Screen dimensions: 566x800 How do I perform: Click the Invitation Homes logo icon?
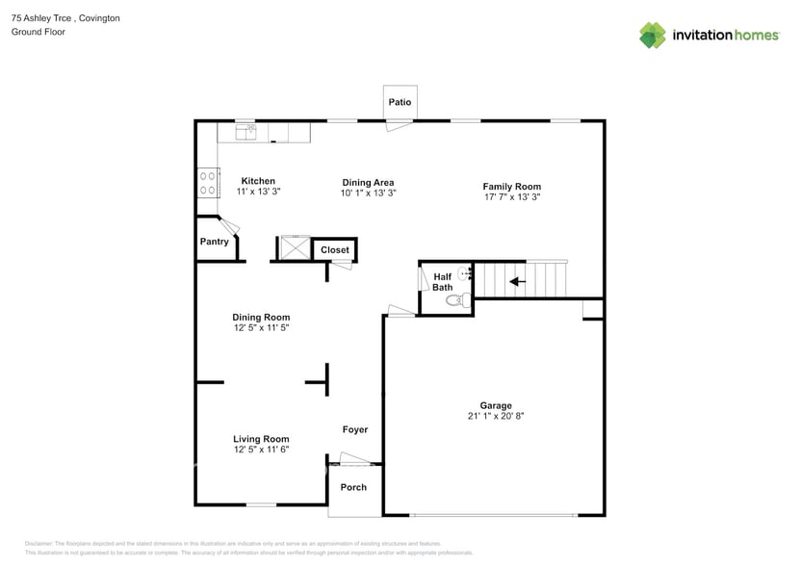[x=653, y=36]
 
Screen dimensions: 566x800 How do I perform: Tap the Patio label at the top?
[x=400, y=102]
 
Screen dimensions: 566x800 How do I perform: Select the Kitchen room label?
[x=258, y=181]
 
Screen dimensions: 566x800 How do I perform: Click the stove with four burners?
[x=206, y=183]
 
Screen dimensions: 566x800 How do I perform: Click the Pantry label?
[x=214, y=242]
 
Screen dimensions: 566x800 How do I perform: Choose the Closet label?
[x=335, y=250]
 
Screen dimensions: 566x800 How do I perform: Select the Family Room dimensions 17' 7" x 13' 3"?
[x=511, y=198]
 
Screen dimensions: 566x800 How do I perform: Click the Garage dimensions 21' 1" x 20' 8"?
[x=496, y=417]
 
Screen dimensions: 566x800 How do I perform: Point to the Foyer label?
[x=354, y=430]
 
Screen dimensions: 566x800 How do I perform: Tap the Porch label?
[x=353, y=487]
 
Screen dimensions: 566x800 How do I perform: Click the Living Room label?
[x=261, y=439]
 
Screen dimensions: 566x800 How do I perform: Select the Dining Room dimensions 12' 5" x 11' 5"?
[x=261, y=328]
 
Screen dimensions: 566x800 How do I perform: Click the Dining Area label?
[x=368, y=182]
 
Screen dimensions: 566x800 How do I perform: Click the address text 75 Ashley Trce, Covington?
[x=65, y=18]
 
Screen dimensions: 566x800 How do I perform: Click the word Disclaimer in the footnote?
[x=39, y=544]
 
